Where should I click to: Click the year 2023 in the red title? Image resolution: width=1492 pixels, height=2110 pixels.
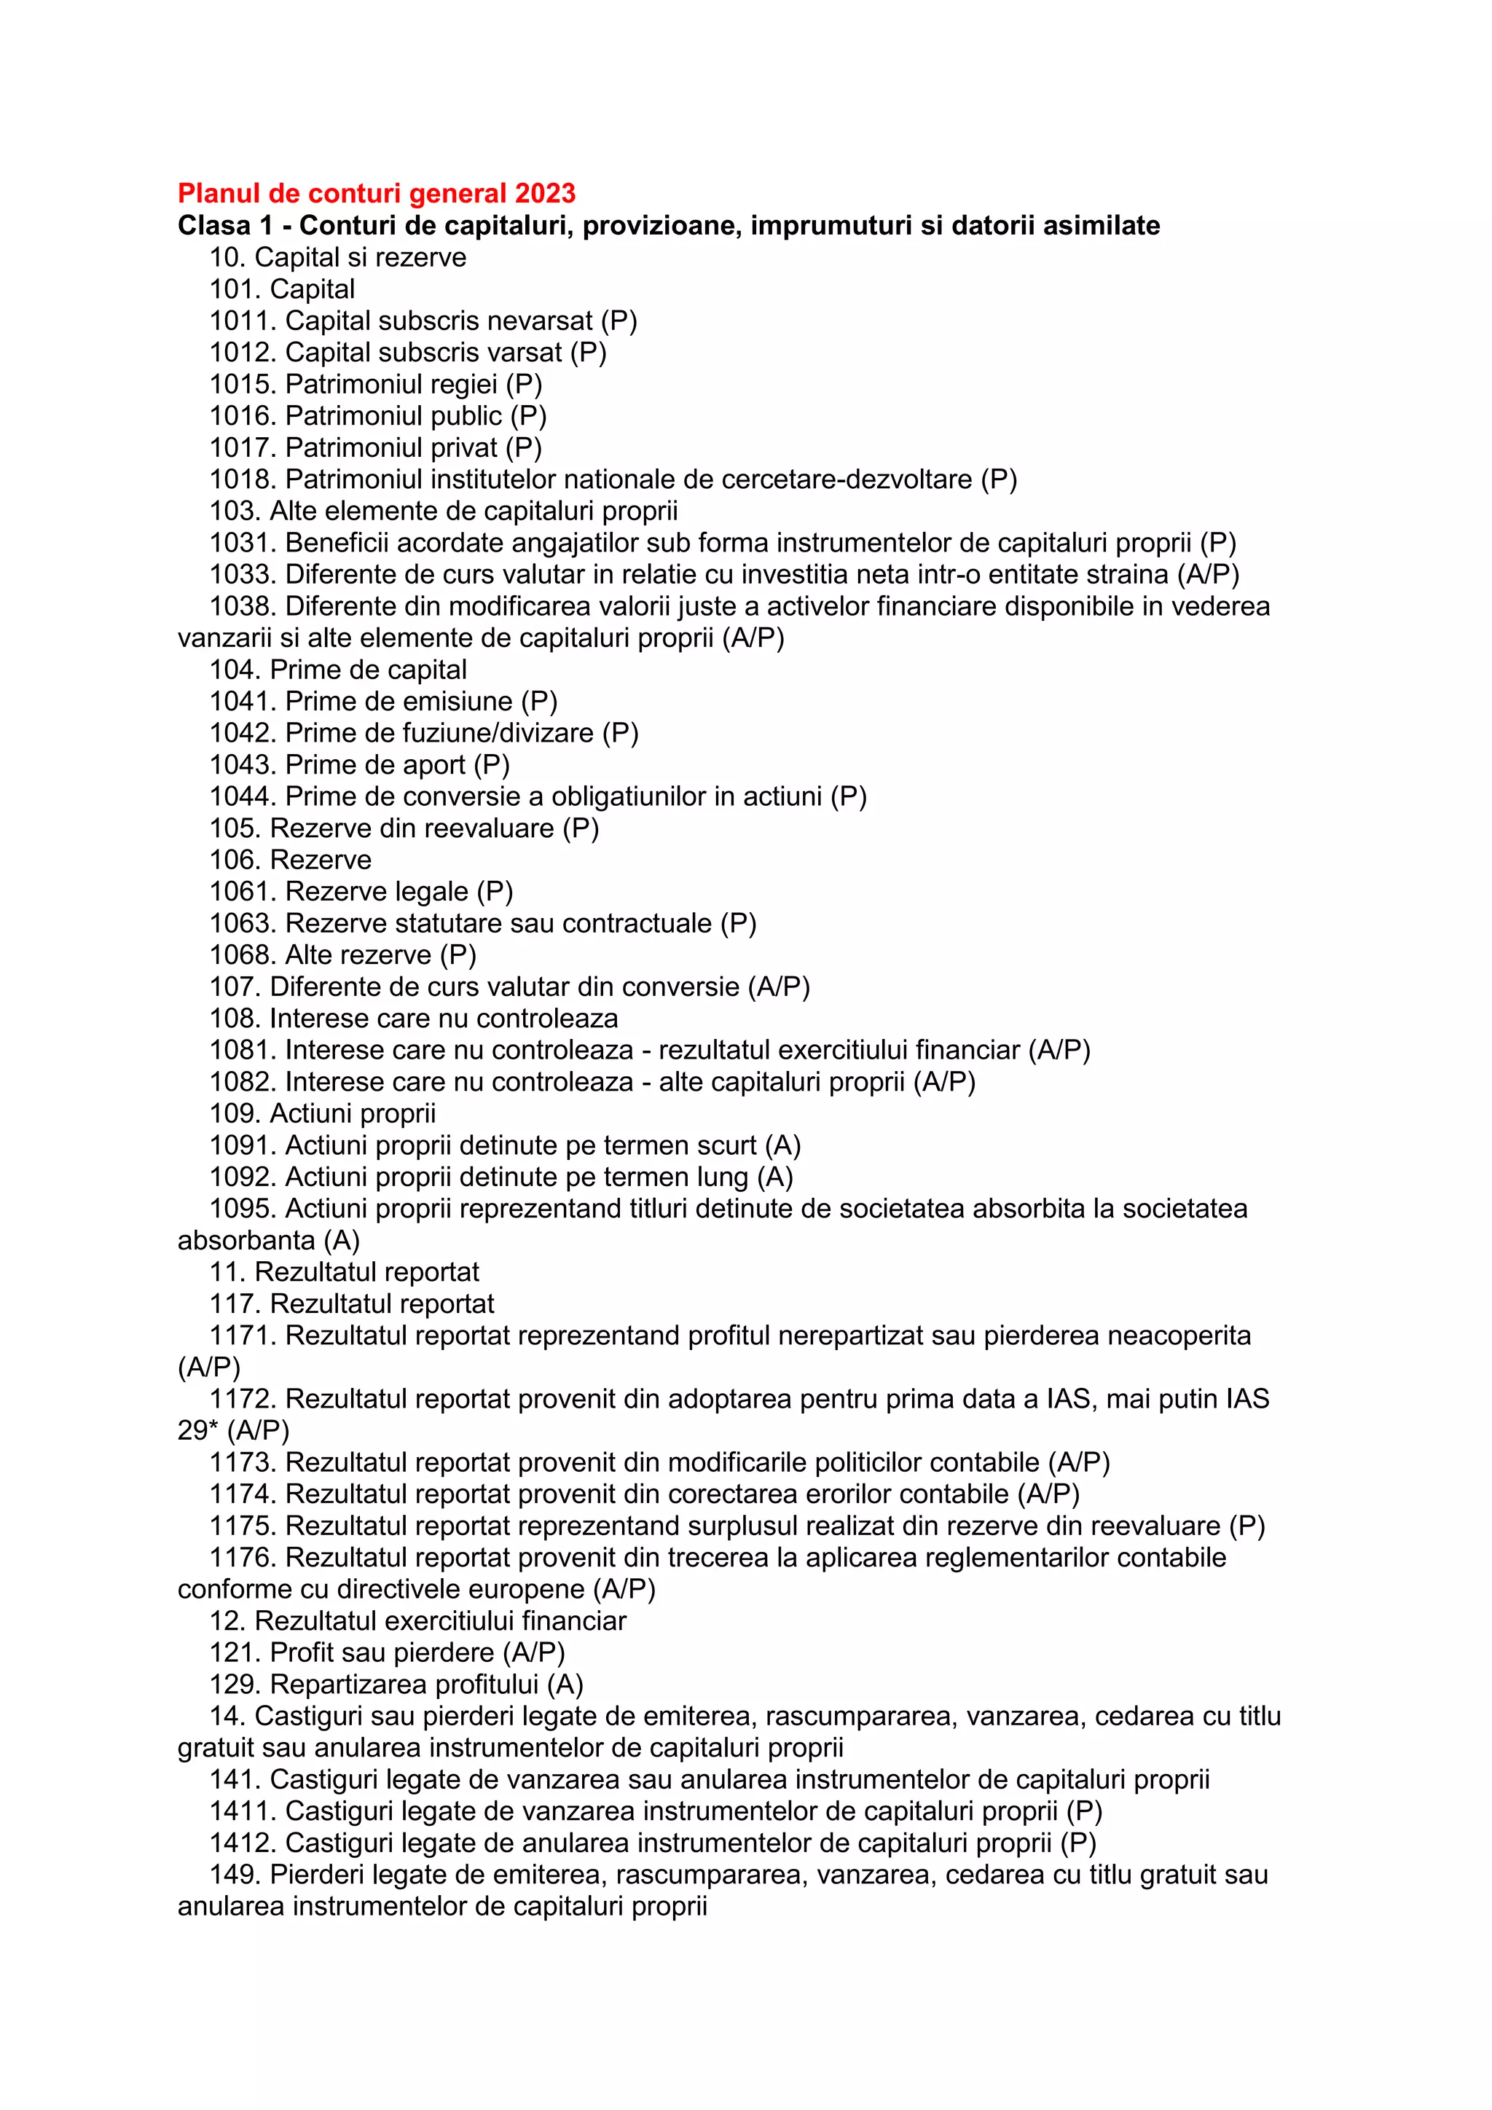click(545, 193)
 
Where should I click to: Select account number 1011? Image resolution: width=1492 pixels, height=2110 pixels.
click(243, 321)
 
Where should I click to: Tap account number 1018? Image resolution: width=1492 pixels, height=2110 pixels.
click(243, 479)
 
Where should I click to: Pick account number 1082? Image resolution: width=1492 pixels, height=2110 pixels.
click(243, 1082)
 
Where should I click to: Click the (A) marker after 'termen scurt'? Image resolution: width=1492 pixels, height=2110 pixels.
click(782, 1145)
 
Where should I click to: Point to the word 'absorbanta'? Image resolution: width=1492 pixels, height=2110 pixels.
click(246, 1241)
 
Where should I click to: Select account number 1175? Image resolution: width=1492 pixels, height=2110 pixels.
click(243, 1526)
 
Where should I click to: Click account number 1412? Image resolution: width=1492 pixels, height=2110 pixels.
click(243, 1843)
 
